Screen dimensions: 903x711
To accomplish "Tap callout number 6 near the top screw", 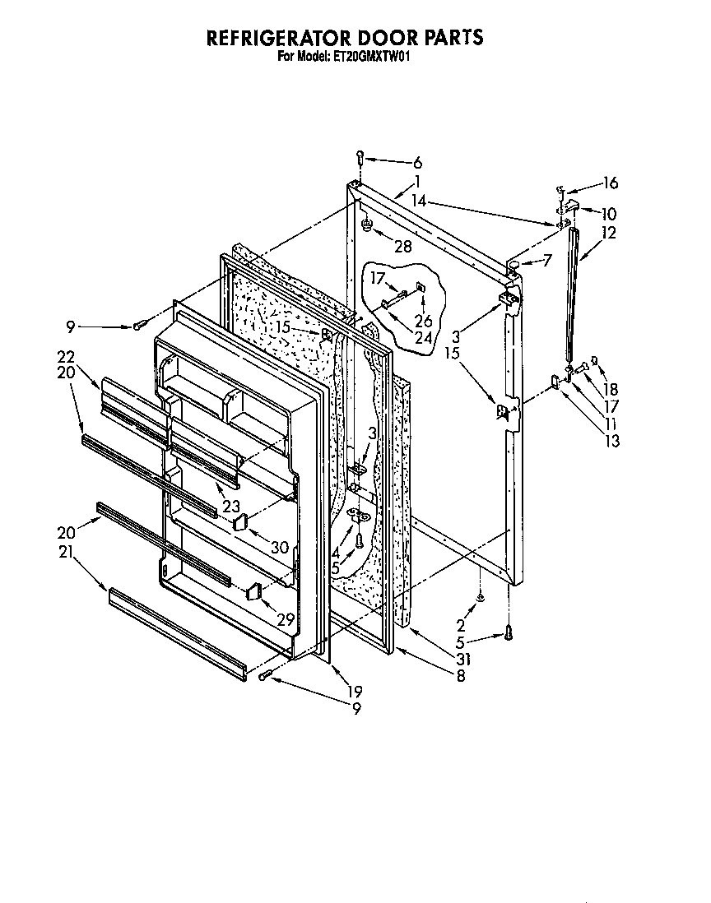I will point(417,163).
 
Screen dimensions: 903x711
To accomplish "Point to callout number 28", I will point(402,245).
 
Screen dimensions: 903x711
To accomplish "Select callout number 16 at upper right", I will point(611,183).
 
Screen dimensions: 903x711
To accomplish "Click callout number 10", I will point(610,213).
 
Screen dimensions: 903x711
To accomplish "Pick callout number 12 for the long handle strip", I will point(610,233).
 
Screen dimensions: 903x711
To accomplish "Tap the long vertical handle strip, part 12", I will point(571,296).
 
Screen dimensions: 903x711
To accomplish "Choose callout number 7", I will point(547,261).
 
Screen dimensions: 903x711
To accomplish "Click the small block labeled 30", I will point(240,521).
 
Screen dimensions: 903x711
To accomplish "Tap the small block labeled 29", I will point(253,590).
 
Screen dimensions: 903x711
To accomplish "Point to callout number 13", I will point(612,441).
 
